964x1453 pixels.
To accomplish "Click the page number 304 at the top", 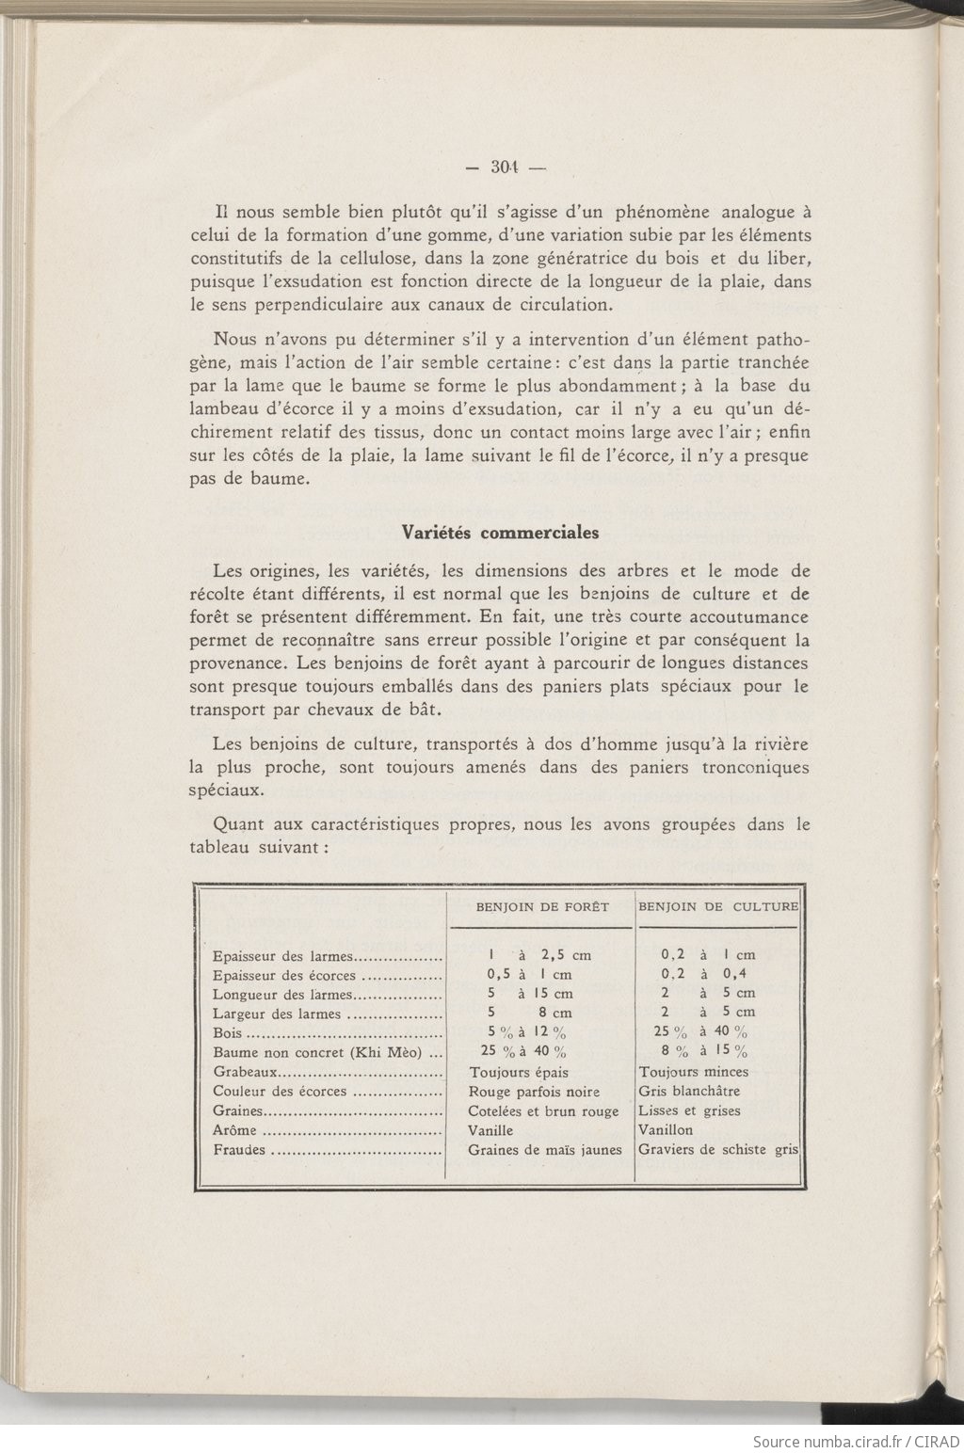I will click(x=506, y=169).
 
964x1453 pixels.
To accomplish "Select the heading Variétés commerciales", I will click(x=500, y=532).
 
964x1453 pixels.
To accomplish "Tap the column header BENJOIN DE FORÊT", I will click(x=542, y=907).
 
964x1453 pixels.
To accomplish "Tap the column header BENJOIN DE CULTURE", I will click(x=718, y=907).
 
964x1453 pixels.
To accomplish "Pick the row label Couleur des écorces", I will click(x=281, y=1092).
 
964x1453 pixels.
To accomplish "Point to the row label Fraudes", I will click(x=239, y=1150).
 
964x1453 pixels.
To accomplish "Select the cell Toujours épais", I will click(x=519, y=1072).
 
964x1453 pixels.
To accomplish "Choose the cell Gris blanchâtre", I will click(x=689, y=1092).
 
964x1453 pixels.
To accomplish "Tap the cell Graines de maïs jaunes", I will click(x=545, y=1150).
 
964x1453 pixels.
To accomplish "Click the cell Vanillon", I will click(x=666, y=1130).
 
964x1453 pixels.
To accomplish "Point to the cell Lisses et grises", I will click(x=689, y=1111).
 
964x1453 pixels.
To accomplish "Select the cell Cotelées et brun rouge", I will click(x=544, y=1111).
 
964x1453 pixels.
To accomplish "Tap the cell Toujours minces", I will click(x=694, y=1072).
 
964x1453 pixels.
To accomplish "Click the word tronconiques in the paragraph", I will click(x=755, y=768).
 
